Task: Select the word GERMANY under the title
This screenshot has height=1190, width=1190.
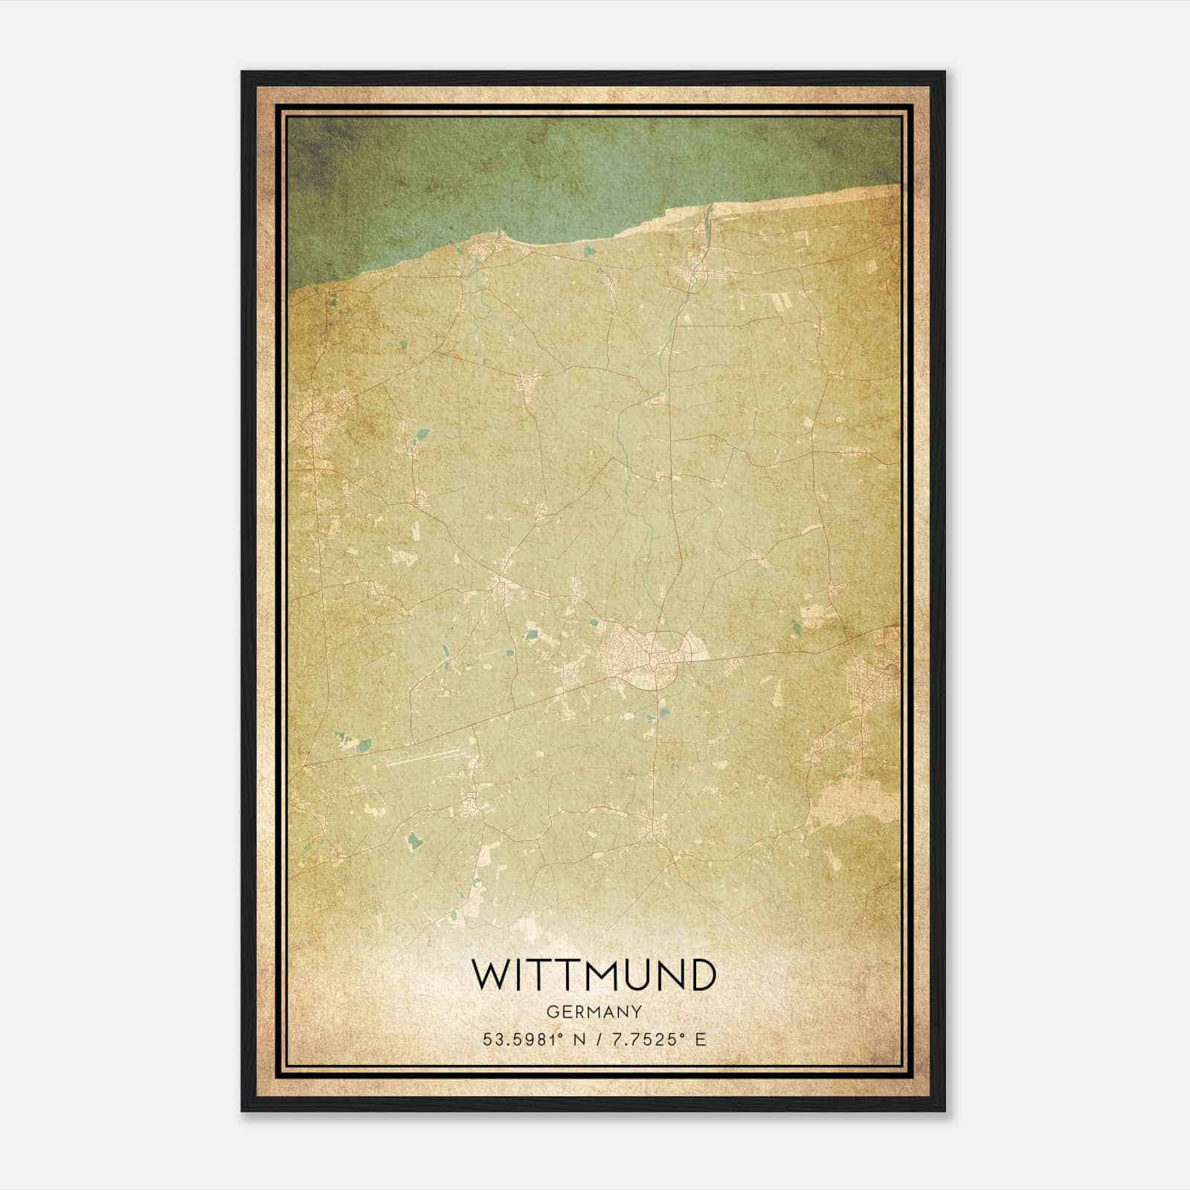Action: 594,1011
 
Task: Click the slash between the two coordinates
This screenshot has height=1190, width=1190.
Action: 594,1040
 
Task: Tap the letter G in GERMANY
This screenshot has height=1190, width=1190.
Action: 551,1011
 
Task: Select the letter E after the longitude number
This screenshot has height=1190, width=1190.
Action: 701,1040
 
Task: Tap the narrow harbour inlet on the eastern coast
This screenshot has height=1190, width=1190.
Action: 706,223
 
